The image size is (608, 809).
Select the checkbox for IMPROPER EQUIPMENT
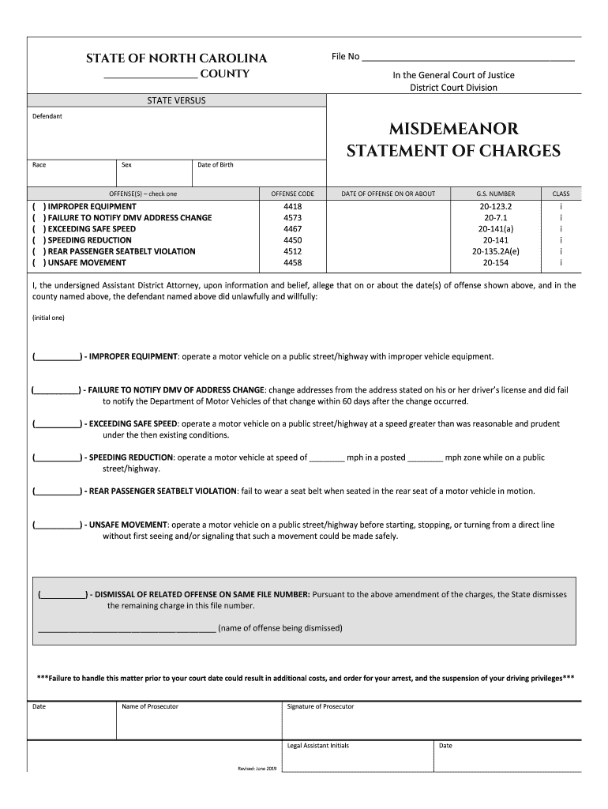38,207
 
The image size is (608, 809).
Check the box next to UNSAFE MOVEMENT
38,262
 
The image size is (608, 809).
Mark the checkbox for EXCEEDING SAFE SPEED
38,229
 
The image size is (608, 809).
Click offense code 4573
292,218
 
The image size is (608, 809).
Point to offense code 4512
292,251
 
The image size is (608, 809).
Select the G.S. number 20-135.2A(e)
495,251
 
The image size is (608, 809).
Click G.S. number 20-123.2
495,207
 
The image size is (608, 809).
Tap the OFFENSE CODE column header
292,194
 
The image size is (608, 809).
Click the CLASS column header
561,194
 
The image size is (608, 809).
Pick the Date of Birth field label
215,164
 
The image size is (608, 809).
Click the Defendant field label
47,116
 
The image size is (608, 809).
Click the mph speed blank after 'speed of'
327,458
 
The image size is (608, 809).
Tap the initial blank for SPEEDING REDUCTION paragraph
58,458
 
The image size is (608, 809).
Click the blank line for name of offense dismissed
126,630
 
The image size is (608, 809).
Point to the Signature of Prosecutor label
321,706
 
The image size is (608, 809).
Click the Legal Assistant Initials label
318,746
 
